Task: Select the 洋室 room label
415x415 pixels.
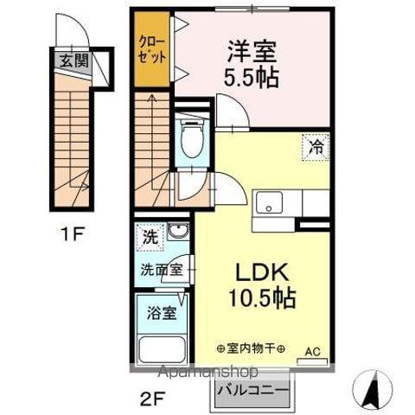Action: point(252,49)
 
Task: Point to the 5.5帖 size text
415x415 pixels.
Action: point(253,77)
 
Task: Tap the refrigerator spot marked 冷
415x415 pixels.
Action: point(317,147)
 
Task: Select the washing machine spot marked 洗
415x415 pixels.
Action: point(150,234)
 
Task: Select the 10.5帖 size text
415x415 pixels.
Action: point(263,299)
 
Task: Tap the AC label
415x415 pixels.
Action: point(316,353)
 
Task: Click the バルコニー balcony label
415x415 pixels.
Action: point(252,391)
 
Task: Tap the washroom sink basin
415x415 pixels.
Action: point(177,232)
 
